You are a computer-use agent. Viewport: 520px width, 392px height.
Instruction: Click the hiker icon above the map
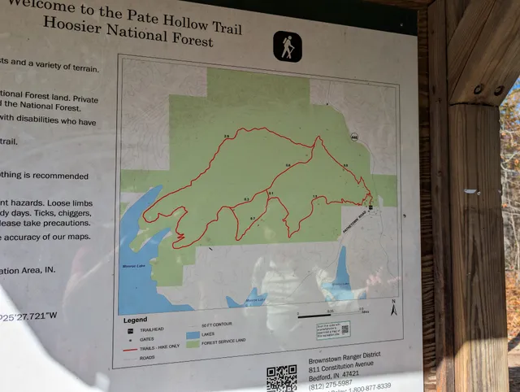coord(287,46)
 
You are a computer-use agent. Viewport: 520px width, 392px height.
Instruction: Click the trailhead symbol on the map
coord(370,208)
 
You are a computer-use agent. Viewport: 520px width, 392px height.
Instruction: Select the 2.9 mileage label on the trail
coord(226,137)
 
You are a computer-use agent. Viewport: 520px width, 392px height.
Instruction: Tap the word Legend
coord(135,320)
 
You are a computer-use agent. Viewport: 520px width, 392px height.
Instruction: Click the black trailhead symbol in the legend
coord(130,330)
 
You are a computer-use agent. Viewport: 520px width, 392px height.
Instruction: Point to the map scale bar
coord(333,311)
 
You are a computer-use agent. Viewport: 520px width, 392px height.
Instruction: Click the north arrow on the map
coord(393,309)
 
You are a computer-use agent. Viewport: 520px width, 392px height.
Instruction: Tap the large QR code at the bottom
coord(281,378)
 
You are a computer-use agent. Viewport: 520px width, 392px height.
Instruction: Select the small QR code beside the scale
coord(344,329)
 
